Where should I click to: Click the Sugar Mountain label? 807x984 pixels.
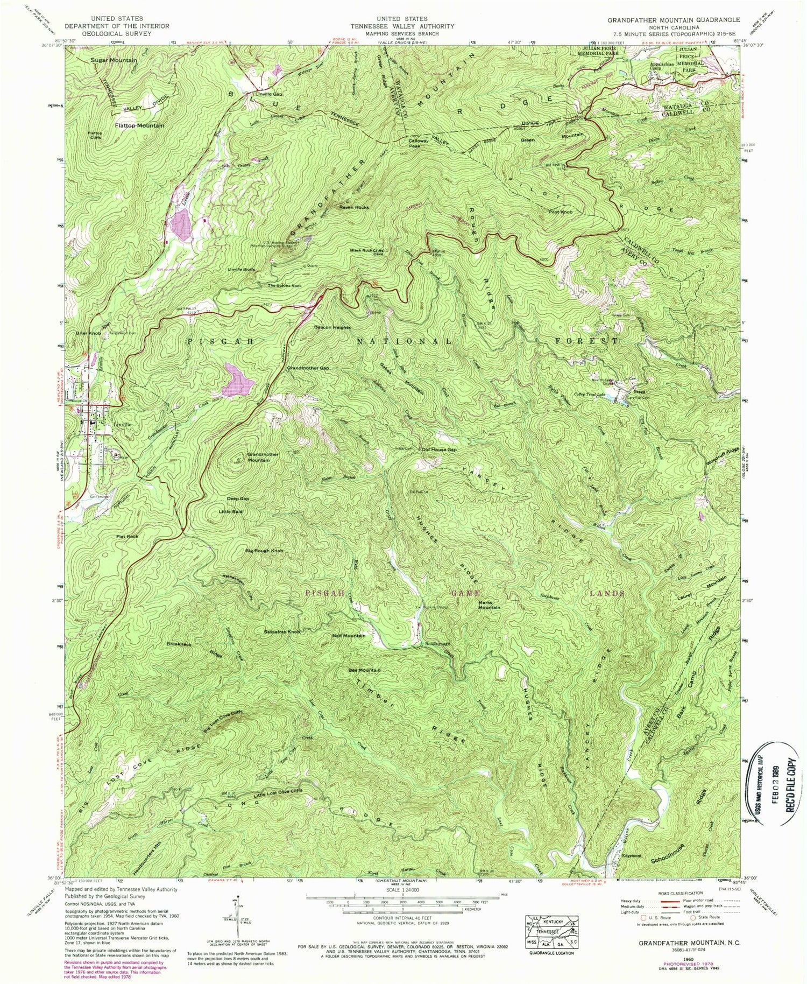click(x=114, y=60)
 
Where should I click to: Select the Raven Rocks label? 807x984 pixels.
click(x=353, y=207)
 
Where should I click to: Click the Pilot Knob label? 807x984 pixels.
click(x=560, y=212)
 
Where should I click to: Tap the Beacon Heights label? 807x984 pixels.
click(x=332, y=327)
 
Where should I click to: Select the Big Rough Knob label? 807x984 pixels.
click(x=264, y=551)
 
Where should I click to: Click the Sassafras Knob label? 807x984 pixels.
click(x=281, y=631)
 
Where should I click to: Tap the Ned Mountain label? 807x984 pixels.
click(x=349, y=636)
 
